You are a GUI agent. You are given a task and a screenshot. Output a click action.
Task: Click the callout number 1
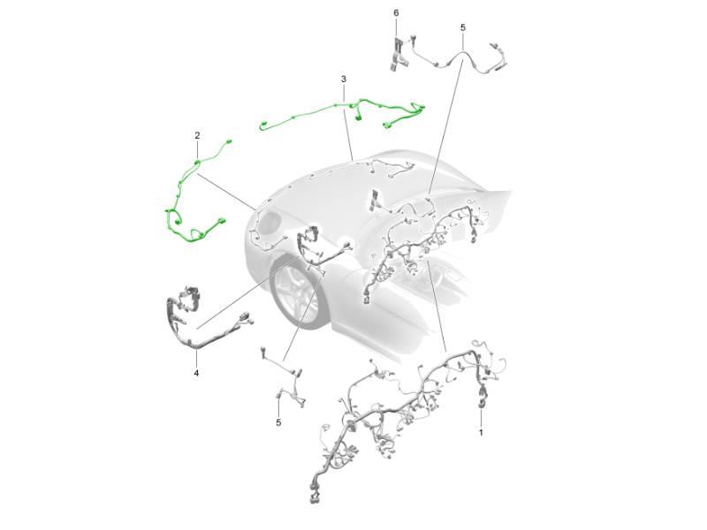pos(481,433)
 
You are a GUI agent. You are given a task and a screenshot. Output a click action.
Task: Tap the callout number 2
pos(197,135)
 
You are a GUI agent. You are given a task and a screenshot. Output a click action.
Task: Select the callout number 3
pos(344,79)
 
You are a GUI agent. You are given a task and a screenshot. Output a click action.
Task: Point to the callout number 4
pos(196,373)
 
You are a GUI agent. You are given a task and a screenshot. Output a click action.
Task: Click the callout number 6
pos(396,12)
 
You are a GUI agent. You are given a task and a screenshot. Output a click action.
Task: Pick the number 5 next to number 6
pos(463,27)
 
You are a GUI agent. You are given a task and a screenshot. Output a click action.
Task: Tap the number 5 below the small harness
pos(278,423)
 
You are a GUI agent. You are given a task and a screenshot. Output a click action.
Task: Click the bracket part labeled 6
pos(397,54)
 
